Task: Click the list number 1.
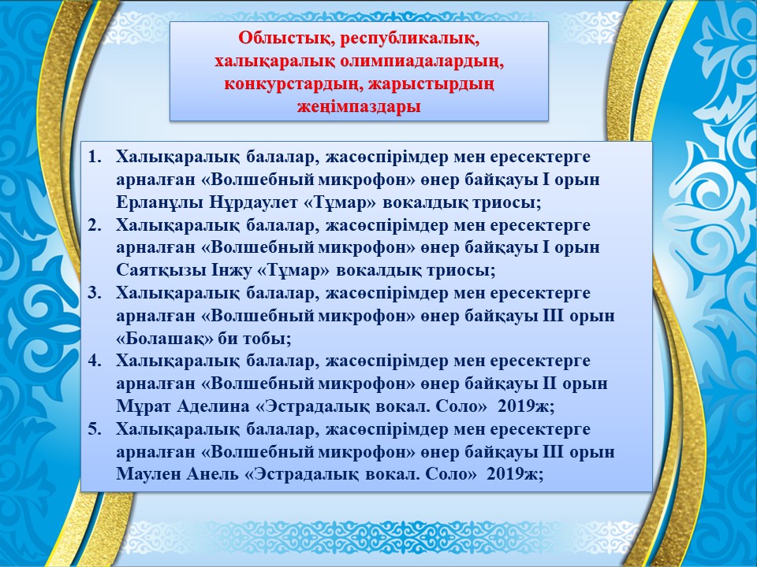(x=94, y=157)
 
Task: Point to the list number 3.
(x=94, y=293)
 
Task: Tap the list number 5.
(x=94, y=428)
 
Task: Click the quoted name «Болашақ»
(x=164, y=339)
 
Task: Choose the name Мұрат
(x=143, y=406)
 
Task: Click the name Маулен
(x=147, y=474)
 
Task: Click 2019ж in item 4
(x=526, y=406)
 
